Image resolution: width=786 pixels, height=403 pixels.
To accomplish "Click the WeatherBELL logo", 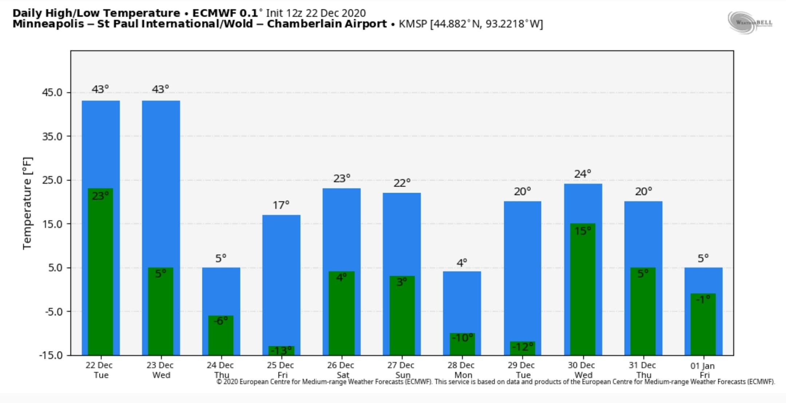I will (x=750, y=22).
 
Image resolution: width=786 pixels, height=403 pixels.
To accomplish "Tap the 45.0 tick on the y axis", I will (x=52, y=92).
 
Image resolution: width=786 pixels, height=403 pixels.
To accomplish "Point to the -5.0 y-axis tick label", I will (x=53, y=312).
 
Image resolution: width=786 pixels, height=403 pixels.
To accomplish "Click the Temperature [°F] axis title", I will (x=28, y=203).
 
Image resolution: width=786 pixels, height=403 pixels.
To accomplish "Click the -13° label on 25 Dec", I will (x=281, y=351).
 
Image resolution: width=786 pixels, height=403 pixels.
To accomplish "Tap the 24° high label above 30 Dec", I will (x=583, y=174).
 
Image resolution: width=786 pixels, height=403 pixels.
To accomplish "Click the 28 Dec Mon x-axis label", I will (x=461, y=370).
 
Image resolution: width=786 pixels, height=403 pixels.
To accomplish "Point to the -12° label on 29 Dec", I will (x=522, y=347).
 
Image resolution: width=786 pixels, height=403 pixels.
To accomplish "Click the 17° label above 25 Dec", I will (x=281, y=206).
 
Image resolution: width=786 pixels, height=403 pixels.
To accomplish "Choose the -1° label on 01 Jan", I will (x=703, y=299).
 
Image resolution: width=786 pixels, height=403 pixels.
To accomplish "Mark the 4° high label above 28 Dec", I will (x=462, y=263).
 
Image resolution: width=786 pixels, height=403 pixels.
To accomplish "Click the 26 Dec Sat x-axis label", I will (x=341, y=370).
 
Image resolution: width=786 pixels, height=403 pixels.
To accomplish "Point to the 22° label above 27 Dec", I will (x=402, y=183).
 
